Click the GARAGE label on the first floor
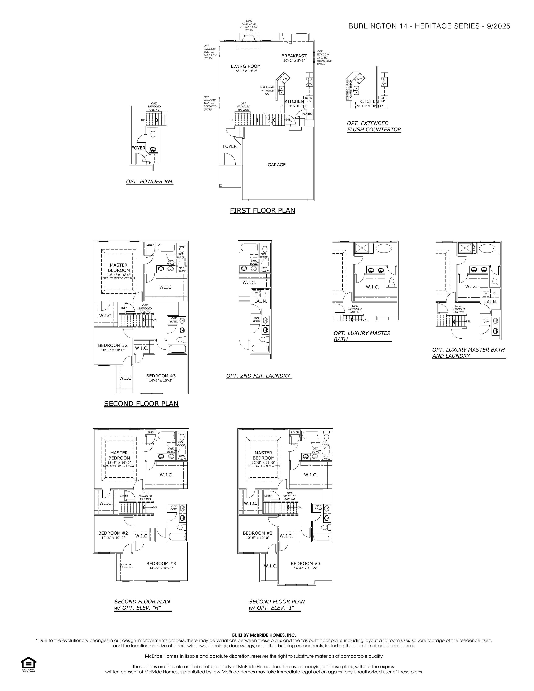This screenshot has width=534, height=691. [276, 165]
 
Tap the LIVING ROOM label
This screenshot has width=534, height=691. [245, 66]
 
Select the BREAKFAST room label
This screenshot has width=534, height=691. [294, 56]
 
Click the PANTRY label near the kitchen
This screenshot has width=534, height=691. [307, 114]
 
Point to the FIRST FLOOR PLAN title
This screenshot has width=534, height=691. [262, 210]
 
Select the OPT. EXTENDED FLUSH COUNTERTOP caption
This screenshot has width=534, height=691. [374, 126]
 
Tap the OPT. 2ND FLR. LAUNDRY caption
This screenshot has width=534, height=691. [258, 376]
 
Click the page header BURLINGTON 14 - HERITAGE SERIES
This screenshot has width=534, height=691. [429, 26]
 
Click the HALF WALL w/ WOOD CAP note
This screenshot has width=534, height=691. [267, 90]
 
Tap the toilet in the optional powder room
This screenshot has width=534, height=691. [153, 134]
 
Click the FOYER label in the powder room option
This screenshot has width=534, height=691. [138, 148]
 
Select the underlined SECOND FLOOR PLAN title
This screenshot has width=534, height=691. [141, 404]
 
